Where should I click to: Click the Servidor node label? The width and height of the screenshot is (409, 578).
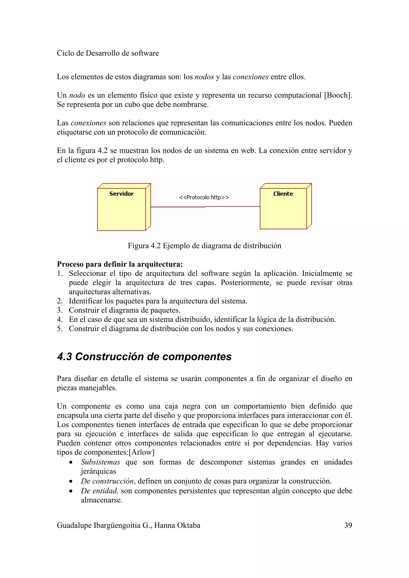[x=121, y=194]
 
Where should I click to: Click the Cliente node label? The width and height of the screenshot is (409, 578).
[x=283, y=194]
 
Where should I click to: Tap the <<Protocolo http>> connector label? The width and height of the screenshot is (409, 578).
[x=204, y=197]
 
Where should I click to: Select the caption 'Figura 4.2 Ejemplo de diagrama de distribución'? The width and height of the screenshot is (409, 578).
[x=204, y=246]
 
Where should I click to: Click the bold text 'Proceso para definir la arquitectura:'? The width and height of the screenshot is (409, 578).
[x=120, y=264]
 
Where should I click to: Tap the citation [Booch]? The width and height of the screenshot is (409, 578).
[x=338, y=95]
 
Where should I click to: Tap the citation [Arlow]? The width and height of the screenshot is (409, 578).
[x=141, y=452]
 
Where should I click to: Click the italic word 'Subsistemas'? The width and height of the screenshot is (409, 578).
[x=100, y=462]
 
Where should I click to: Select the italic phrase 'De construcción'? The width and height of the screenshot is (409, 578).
[x=107, y=481]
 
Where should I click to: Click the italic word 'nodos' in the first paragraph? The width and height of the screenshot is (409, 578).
[x=204, y=77]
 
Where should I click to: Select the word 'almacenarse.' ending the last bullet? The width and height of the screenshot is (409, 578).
[x=102, y=500]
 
